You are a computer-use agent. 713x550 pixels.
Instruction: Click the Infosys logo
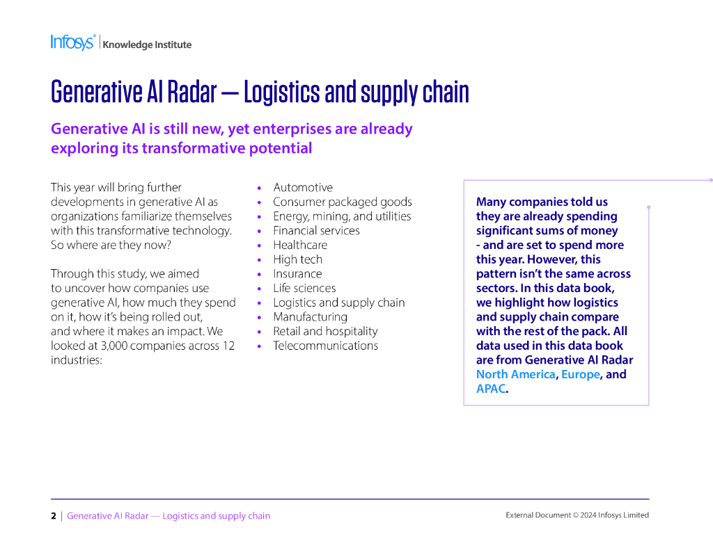point(72,42)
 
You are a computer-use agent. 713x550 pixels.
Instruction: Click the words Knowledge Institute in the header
point(147,45)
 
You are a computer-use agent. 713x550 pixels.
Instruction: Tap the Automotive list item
point(303,188)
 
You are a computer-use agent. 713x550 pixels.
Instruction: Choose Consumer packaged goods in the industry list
point(342,202)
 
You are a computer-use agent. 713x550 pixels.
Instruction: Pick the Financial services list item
point(316,231)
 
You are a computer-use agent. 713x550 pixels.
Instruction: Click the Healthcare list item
point(299,245)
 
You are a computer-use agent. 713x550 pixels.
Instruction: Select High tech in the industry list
point(297,259)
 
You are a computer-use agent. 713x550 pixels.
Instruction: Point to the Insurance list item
point(297,274)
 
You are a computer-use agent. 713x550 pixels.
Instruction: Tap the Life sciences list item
point(304,288)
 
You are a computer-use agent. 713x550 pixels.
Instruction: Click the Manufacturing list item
point(310,317)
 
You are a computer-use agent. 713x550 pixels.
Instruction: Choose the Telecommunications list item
point(325,346)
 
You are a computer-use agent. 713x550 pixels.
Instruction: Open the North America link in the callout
point(515,374)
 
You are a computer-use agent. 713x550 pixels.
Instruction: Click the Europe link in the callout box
point(580,374)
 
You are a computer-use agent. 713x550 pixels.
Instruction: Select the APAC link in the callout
point(490,389)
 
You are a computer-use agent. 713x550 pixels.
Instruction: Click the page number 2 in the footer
point(54,516)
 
